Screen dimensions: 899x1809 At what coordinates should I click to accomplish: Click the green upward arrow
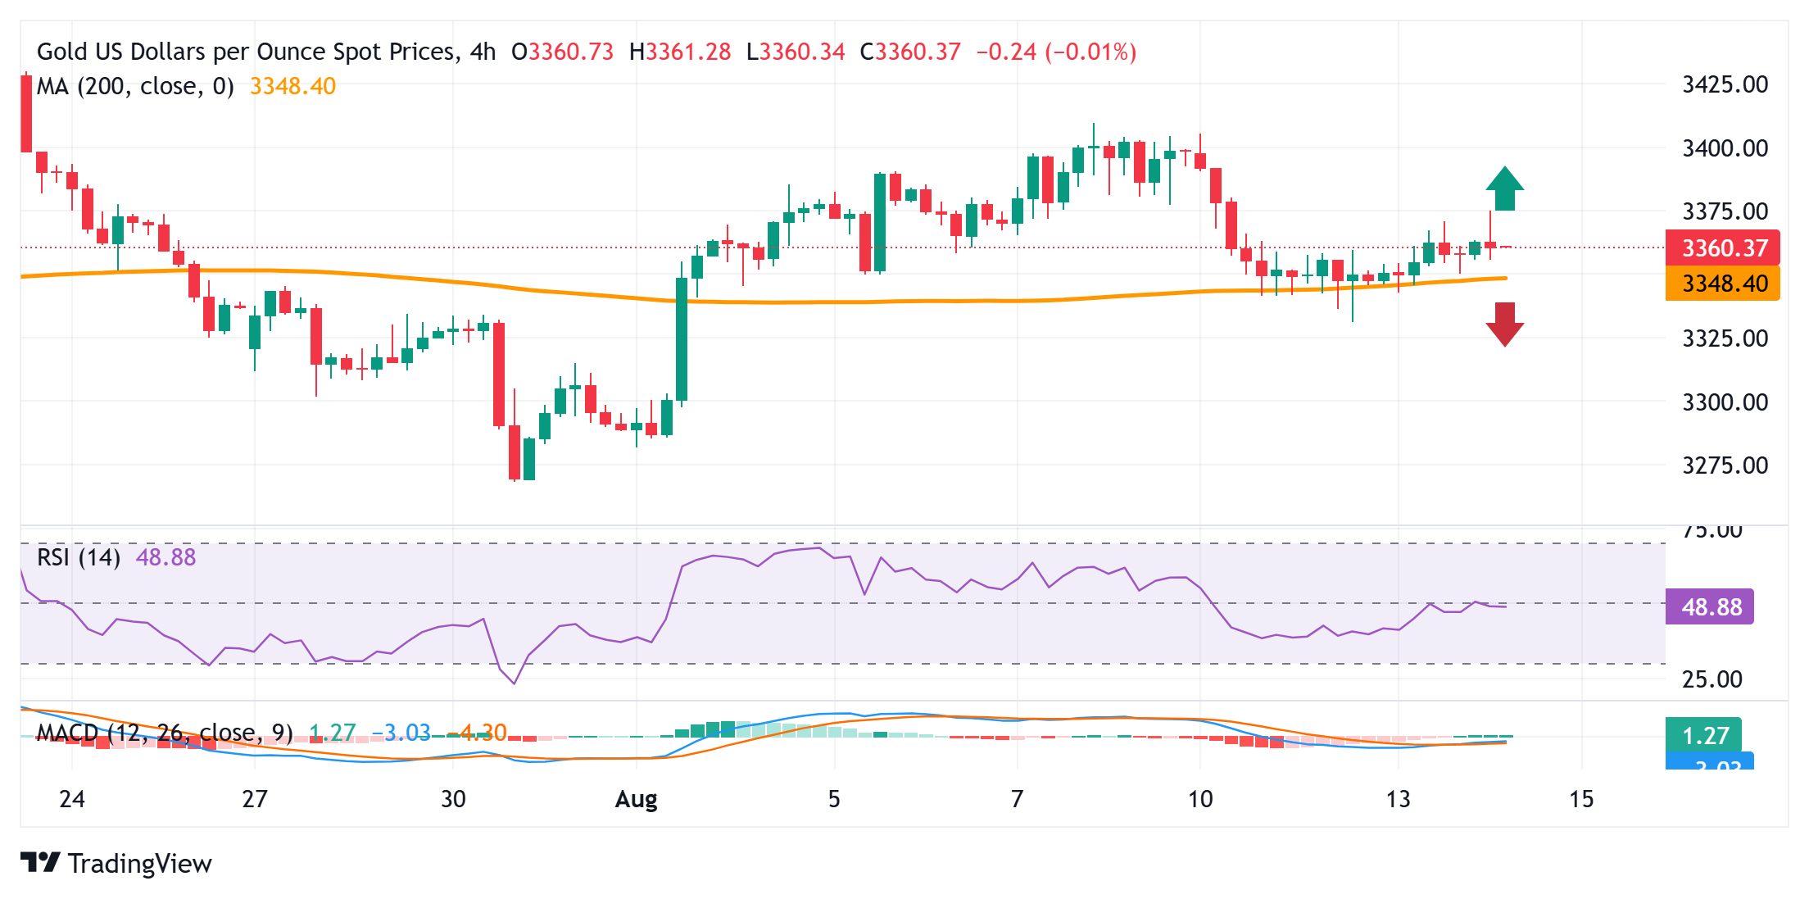click(1504, 189)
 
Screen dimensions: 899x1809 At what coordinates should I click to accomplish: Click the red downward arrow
click(1504, 324)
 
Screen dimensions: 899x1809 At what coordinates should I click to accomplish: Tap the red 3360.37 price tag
click(1722, 247)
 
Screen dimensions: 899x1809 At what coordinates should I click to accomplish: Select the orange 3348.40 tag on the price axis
click(1722, 284)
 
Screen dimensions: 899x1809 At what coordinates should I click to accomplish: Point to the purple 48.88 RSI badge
click(1710, 606)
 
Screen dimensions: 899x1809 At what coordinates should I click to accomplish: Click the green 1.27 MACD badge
click(1703, 735)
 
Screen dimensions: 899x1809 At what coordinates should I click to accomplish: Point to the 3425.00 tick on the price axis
click(1725, 84)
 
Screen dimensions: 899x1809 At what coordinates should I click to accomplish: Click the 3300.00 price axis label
click(1725, 402)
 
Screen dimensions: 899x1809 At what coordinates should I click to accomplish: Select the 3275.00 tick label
click(1725, 465)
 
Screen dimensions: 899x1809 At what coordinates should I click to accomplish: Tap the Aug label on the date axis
click(636, 799)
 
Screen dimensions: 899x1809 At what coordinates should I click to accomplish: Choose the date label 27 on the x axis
click(255, 799)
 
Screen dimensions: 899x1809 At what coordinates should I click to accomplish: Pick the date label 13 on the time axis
click(1398, 799)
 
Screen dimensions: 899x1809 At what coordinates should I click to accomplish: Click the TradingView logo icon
click(40, 863)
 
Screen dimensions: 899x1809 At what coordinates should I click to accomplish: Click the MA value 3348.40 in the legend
click(292, 86)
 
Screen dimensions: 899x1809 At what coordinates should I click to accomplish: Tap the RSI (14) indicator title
click(79, 557)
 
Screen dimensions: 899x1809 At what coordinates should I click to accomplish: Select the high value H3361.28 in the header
click(679, 52)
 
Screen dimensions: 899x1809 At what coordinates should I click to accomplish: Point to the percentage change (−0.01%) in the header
click(1090, 52)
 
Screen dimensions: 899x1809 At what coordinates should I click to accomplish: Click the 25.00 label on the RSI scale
click(1712, 679)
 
